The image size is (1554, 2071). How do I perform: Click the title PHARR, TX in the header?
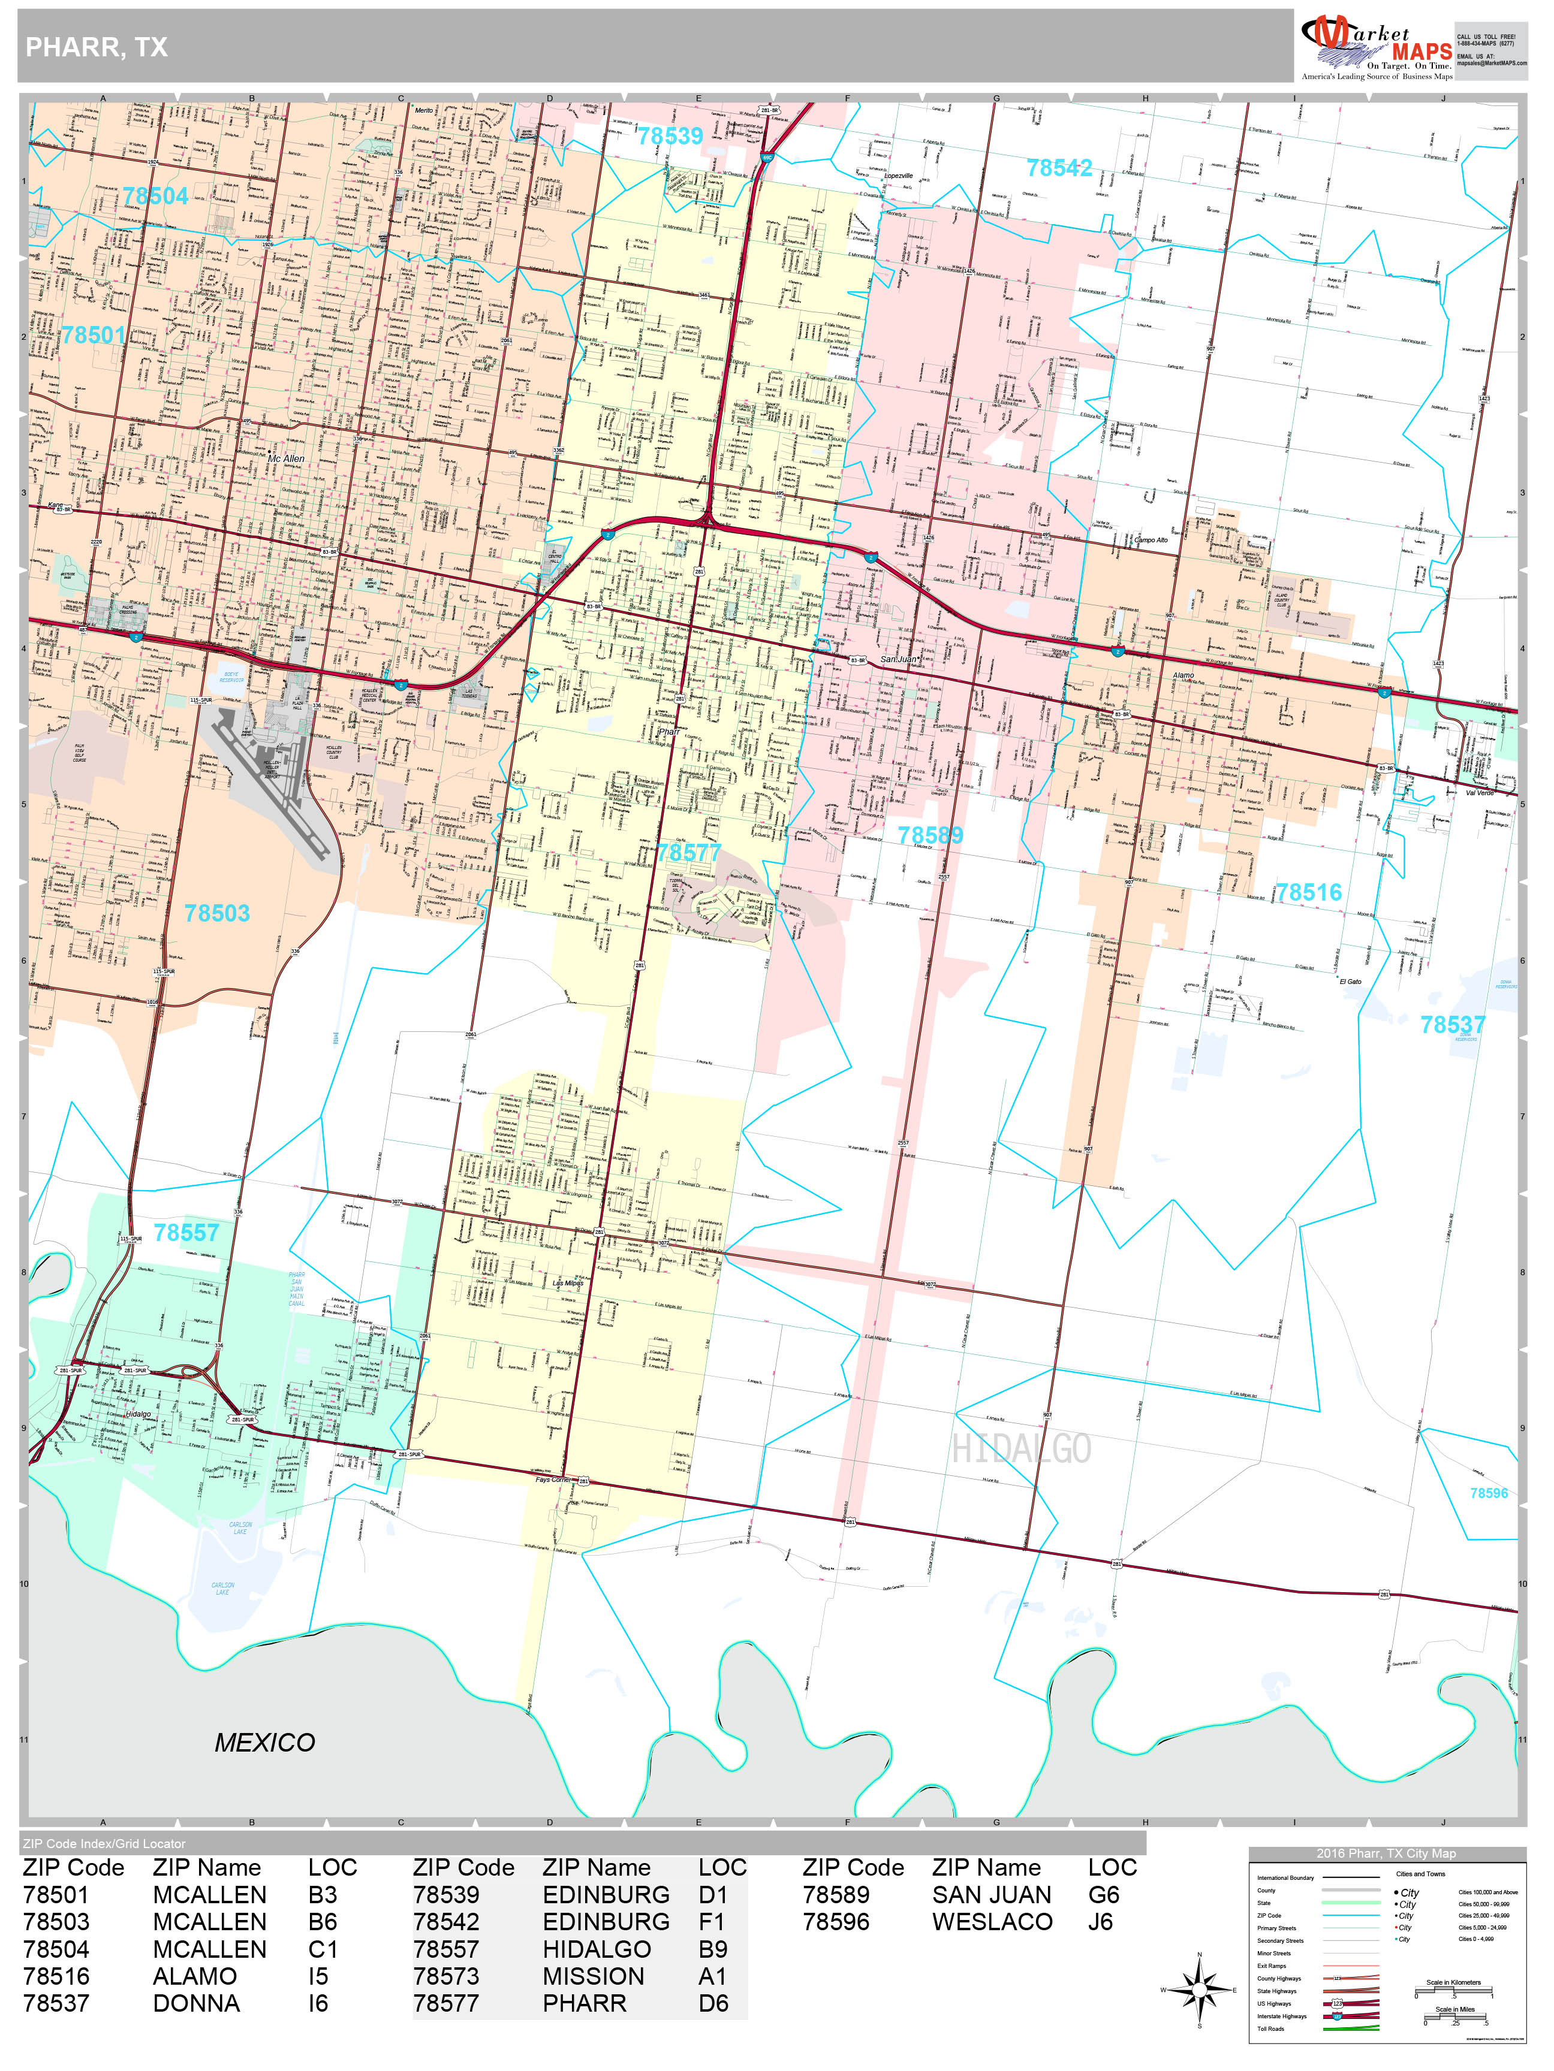point(97,48)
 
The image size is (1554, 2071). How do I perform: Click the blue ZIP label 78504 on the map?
point(155,197)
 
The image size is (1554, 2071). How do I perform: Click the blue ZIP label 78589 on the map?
point(929,835)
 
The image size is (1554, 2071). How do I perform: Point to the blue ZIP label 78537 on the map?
point(1452,1025)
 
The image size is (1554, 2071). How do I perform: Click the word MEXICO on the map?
point(264,1743)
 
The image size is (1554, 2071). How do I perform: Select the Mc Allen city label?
point(286,459)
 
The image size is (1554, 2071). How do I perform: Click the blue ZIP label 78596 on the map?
point(1489,1493)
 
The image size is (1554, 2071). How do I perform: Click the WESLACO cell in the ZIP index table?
point(992,1922)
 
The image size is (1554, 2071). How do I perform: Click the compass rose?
point(1199,1989)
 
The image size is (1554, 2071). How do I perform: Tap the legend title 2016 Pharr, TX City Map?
point(1386,1854)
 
